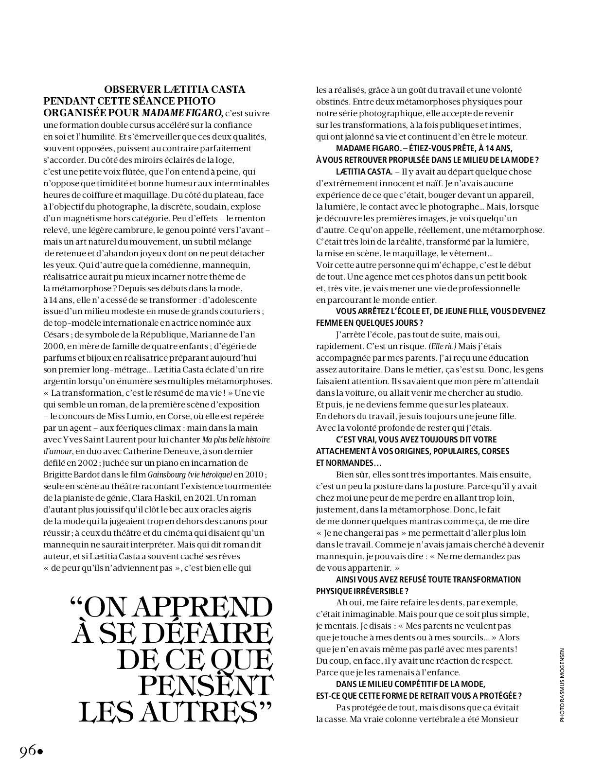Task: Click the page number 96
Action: (x=27, y=751)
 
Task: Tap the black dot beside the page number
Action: (x=40, y=752)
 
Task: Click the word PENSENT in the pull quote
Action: (x=206, y=685)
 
